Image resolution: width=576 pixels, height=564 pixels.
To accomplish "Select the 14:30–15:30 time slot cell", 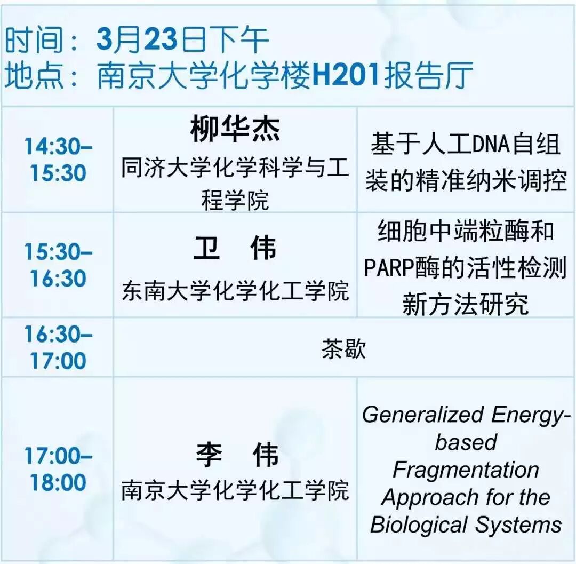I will tap(58, 160).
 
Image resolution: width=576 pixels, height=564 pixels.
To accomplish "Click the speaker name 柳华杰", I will tap(235, 130).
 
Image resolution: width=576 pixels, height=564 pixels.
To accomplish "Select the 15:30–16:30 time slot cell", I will tap(58, 265).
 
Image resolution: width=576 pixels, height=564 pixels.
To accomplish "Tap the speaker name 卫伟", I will tap(235, 249).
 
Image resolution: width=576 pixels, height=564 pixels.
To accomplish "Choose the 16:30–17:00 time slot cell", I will tap(58, 347).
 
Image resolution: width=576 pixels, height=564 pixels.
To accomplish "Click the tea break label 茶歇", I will tap(343, 349).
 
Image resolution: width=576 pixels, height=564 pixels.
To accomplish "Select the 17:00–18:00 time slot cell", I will tap(58, 469).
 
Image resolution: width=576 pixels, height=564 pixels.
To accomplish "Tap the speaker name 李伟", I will tap(235, 455).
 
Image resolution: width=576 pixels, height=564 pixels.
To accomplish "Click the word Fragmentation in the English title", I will tap(466, 470).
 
